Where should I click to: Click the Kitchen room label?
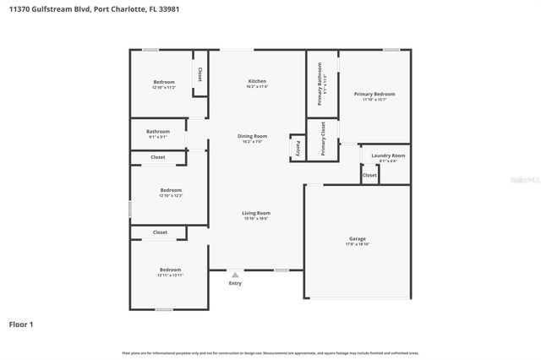pyautogui.click(x=257, y=81)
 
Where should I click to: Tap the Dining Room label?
pyautogui.click(x=252, y=136)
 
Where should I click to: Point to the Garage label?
pyautogui.click(x=358, y=239)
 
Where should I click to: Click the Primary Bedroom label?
pyautogui.click(x=374, y=94)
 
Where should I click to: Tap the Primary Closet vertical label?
pyautogui.click(x=323, y=139)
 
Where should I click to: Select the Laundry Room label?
pyautogui.click(x=388, y=155)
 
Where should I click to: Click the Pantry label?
pyautogui.click(x=298, y=147)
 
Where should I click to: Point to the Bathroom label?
pyautogui.click(x=158, y=132)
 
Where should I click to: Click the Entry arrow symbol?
pyautogui.click(x=235, y=274)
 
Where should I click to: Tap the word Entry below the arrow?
pyautogui.click(x=235, y=283)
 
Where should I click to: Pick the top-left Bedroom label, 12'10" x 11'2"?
pyautogui.click(x=163, y=82)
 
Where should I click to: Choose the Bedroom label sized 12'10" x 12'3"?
pyautogui.click(x=171, y=191)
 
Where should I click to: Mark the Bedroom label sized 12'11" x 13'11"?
pyautogui.click(x=170, y=270)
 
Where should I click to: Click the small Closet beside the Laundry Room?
pyautogui.click(x=370, y=175)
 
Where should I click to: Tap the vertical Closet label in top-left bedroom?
pyautogui.click(x=199, y=74)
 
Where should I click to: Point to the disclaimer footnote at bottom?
pyautogui.click(x=270, y=352)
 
